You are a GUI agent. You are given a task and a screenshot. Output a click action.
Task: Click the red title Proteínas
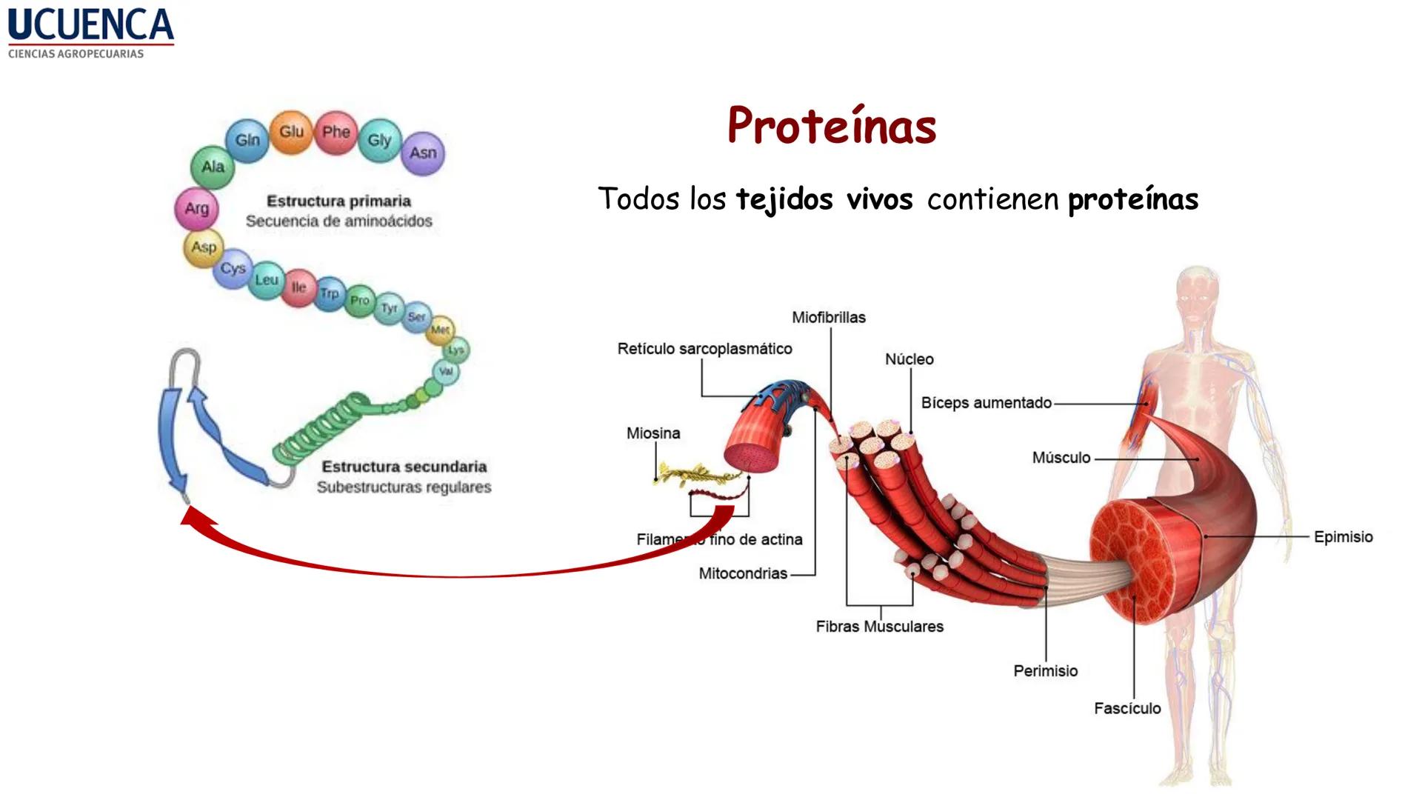pos(832,125)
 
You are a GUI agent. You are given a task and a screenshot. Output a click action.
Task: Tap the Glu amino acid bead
pos(291,132)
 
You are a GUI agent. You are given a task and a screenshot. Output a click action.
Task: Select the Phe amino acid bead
pos(336,133)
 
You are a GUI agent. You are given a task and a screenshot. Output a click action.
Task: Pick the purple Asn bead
pos(423,153)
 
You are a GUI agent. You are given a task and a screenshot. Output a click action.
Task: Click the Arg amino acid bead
pos(196,209)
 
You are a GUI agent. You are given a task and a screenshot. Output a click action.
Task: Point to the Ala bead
pos(213,167)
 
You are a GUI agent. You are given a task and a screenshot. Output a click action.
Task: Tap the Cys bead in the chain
pos(233,268)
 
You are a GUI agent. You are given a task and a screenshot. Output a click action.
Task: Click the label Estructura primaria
pos(338,201)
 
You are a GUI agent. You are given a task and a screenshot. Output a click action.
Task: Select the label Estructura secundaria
pos(404,467)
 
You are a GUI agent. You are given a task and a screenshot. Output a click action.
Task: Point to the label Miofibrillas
pos(828,317)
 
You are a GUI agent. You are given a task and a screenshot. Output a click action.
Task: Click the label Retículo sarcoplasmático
pos(704,349)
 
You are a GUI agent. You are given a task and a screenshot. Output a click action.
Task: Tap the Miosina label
pos(652,433)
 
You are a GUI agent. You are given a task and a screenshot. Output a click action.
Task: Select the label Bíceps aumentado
pos(986,403)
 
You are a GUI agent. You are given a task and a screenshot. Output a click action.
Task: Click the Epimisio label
pos(1343,537)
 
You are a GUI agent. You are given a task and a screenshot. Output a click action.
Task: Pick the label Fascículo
pos(1127,709)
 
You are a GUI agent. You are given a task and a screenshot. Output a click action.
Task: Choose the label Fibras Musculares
pos(879,627)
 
